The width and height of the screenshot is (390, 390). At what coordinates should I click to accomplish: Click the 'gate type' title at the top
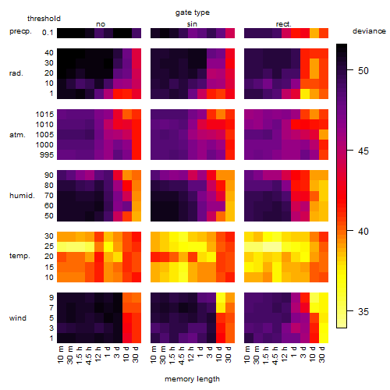pyautogui.click(x=193, y=12)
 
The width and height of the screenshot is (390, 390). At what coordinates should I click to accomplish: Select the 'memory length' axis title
pyautogui.click(x=192, y=379)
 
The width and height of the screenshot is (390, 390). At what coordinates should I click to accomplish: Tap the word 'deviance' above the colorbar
pyautogui.click(x=369, y=31)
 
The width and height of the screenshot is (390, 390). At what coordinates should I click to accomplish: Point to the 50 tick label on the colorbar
pyautogui.click(x=363, y=70)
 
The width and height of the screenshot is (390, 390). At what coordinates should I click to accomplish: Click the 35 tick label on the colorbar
pyautogui.click(x=363, y=311)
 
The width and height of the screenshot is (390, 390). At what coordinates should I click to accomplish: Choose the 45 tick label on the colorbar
pyautogui.click(x=363, y=151)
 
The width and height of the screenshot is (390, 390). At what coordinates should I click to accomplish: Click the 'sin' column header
pyautogui.click(x=192, y=24)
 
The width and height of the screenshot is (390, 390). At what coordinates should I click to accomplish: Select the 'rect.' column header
pyautogui.click(x=284, y=24)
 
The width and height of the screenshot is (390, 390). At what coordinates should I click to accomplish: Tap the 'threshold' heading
pyautogui.click(x=44, y=19)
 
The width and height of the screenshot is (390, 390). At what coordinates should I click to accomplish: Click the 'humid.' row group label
pyautogui.click(x=22, y=196)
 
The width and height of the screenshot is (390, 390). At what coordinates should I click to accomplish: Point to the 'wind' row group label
pyautogui.click(x=18, y=318)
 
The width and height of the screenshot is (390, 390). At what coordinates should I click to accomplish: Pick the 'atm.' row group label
pyautogui.click(x=17, y=135)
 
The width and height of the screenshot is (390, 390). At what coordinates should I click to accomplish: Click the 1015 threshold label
pyautogui.click(x=44, y=115)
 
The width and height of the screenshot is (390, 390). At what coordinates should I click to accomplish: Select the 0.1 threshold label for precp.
pyautogui.click(x=48, y=33)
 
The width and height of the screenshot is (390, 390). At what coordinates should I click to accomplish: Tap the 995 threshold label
pyautogui.click(x=47, y=155)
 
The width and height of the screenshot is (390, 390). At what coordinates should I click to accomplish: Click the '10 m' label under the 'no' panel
pyautogui.click(x=61, y=354)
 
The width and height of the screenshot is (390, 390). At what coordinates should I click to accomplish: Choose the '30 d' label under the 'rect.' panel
pyautogui.click(x=322, y=354)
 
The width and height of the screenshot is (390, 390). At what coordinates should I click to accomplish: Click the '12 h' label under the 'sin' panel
pyautogui.click(x=191, y=354)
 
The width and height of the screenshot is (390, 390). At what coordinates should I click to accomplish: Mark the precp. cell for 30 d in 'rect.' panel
pyautogui.click(x=324, y=33)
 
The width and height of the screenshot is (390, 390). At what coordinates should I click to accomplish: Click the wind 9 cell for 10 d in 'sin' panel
pyautogui.click(x=221, y=297)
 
